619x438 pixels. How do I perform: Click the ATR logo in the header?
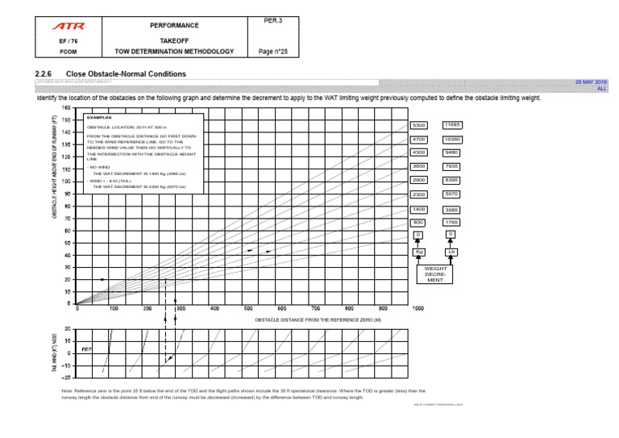tap(69, 26)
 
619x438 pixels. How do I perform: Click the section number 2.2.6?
tap(46, 73)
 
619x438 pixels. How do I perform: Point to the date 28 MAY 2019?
tap(590, 82)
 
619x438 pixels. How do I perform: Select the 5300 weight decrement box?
tap(418, 126)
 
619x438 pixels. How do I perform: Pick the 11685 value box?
tap(451, 125)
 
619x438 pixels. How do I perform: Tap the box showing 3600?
tap(418, 166)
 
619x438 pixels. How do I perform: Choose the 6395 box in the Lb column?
tap(451, 180)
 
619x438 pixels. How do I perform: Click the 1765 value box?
tap(451, 222)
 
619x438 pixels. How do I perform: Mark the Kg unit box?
tap(418, 252)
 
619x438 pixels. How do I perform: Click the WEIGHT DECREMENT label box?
tap(434, 274)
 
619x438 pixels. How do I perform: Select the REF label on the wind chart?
tap(86, 348)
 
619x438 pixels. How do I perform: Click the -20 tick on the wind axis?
tap(66, 377)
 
